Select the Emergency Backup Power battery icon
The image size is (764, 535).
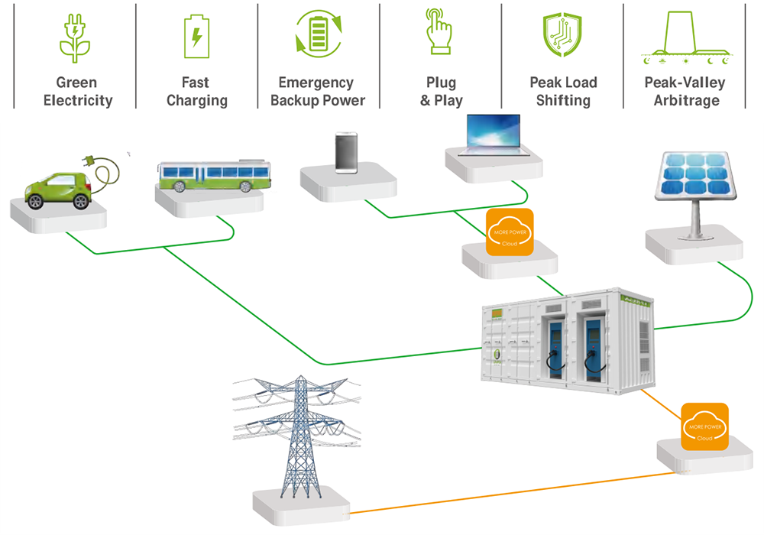[319, 34]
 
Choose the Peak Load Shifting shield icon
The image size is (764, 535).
[563, 35]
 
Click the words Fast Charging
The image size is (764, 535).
[196, 91]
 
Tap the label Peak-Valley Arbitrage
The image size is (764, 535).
[684, 91]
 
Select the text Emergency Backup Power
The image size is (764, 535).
[318, 91]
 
